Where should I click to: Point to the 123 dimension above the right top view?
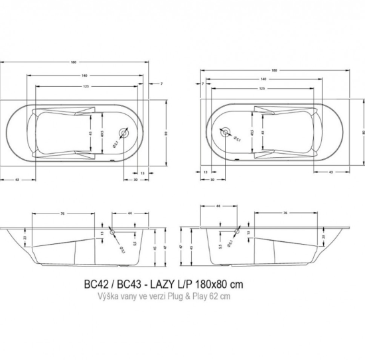262,88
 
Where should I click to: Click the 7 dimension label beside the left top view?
161,84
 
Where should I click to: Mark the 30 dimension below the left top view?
135,180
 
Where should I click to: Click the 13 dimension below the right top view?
206,172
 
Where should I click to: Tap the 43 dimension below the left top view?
15,180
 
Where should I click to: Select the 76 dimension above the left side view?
61,213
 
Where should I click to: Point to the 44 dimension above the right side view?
218,206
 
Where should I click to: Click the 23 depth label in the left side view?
25,237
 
